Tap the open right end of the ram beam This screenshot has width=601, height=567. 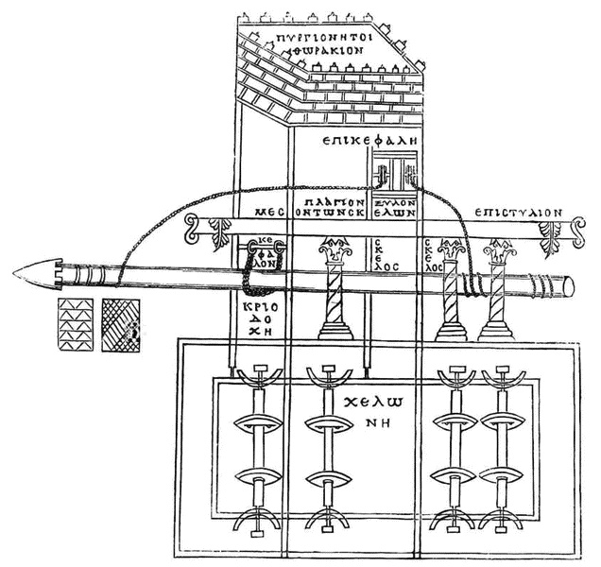click(x=569, y=285)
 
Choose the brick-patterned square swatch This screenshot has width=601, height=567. click(x=75, y=324)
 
